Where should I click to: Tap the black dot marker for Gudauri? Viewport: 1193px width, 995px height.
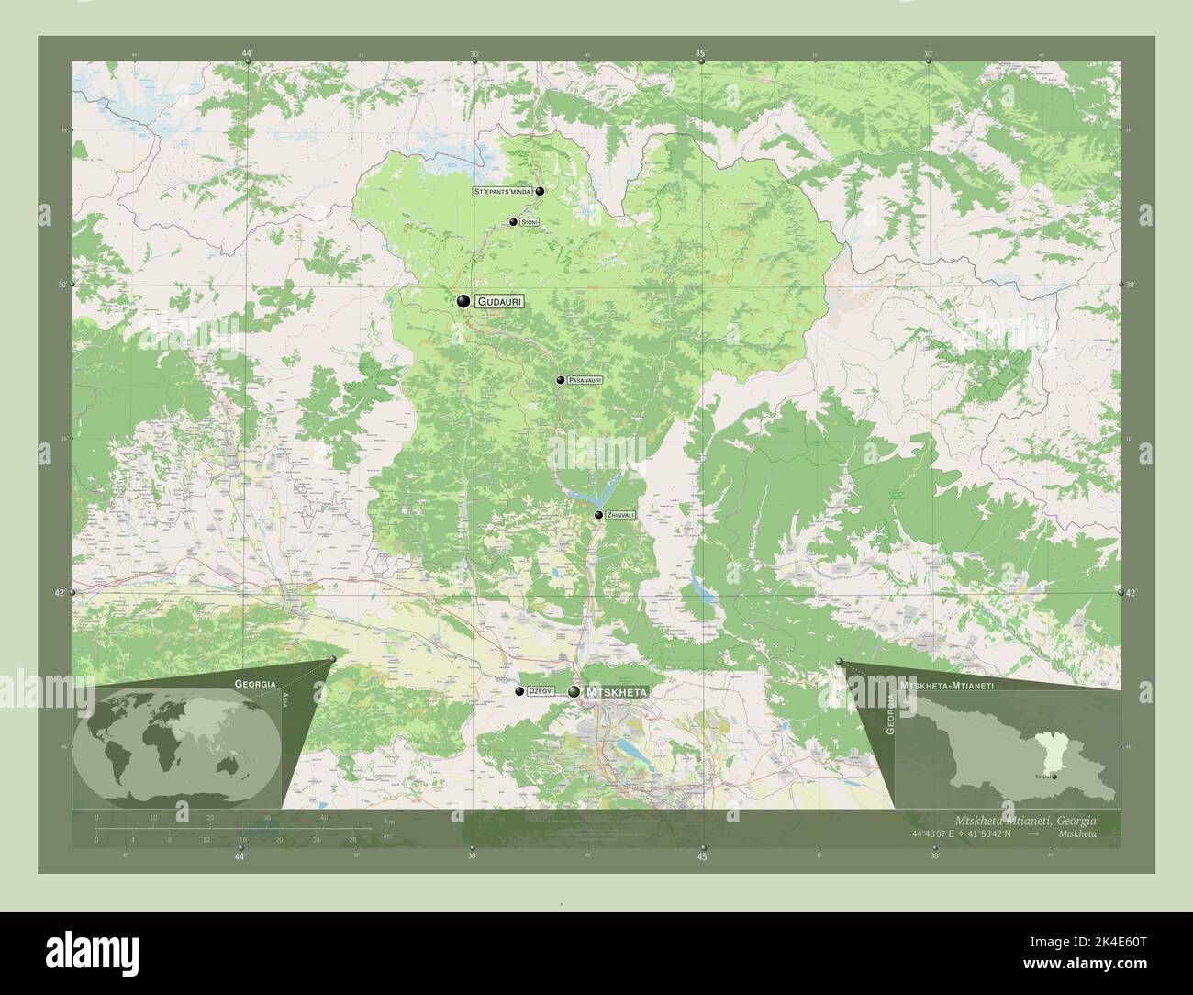(x=464, y=301)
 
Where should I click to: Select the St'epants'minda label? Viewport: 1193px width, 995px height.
(x=502, y=192)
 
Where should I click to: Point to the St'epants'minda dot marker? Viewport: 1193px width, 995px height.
(x=541, y=191)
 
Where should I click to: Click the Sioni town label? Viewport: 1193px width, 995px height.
(x=530, y=223)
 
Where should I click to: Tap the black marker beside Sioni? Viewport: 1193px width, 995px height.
(x=513, y=222)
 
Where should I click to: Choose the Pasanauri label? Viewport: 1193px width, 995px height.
(x=584, y=379)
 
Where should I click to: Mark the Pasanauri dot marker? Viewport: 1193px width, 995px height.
(x=561, y=379)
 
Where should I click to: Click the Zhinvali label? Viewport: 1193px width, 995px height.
(x=620, y=516)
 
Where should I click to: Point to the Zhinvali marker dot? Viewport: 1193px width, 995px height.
(x=598, y=516)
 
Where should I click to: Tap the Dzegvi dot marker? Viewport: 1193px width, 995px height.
(x=519, y=691)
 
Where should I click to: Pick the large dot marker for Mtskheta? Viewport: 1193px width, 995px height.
(x=574, y=691)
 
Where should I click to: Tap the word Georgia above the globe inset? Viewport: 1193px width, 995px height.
(x=255, y=684)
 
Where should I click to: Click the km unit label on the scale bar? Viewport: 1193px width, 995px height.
(x=390, y=821)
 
